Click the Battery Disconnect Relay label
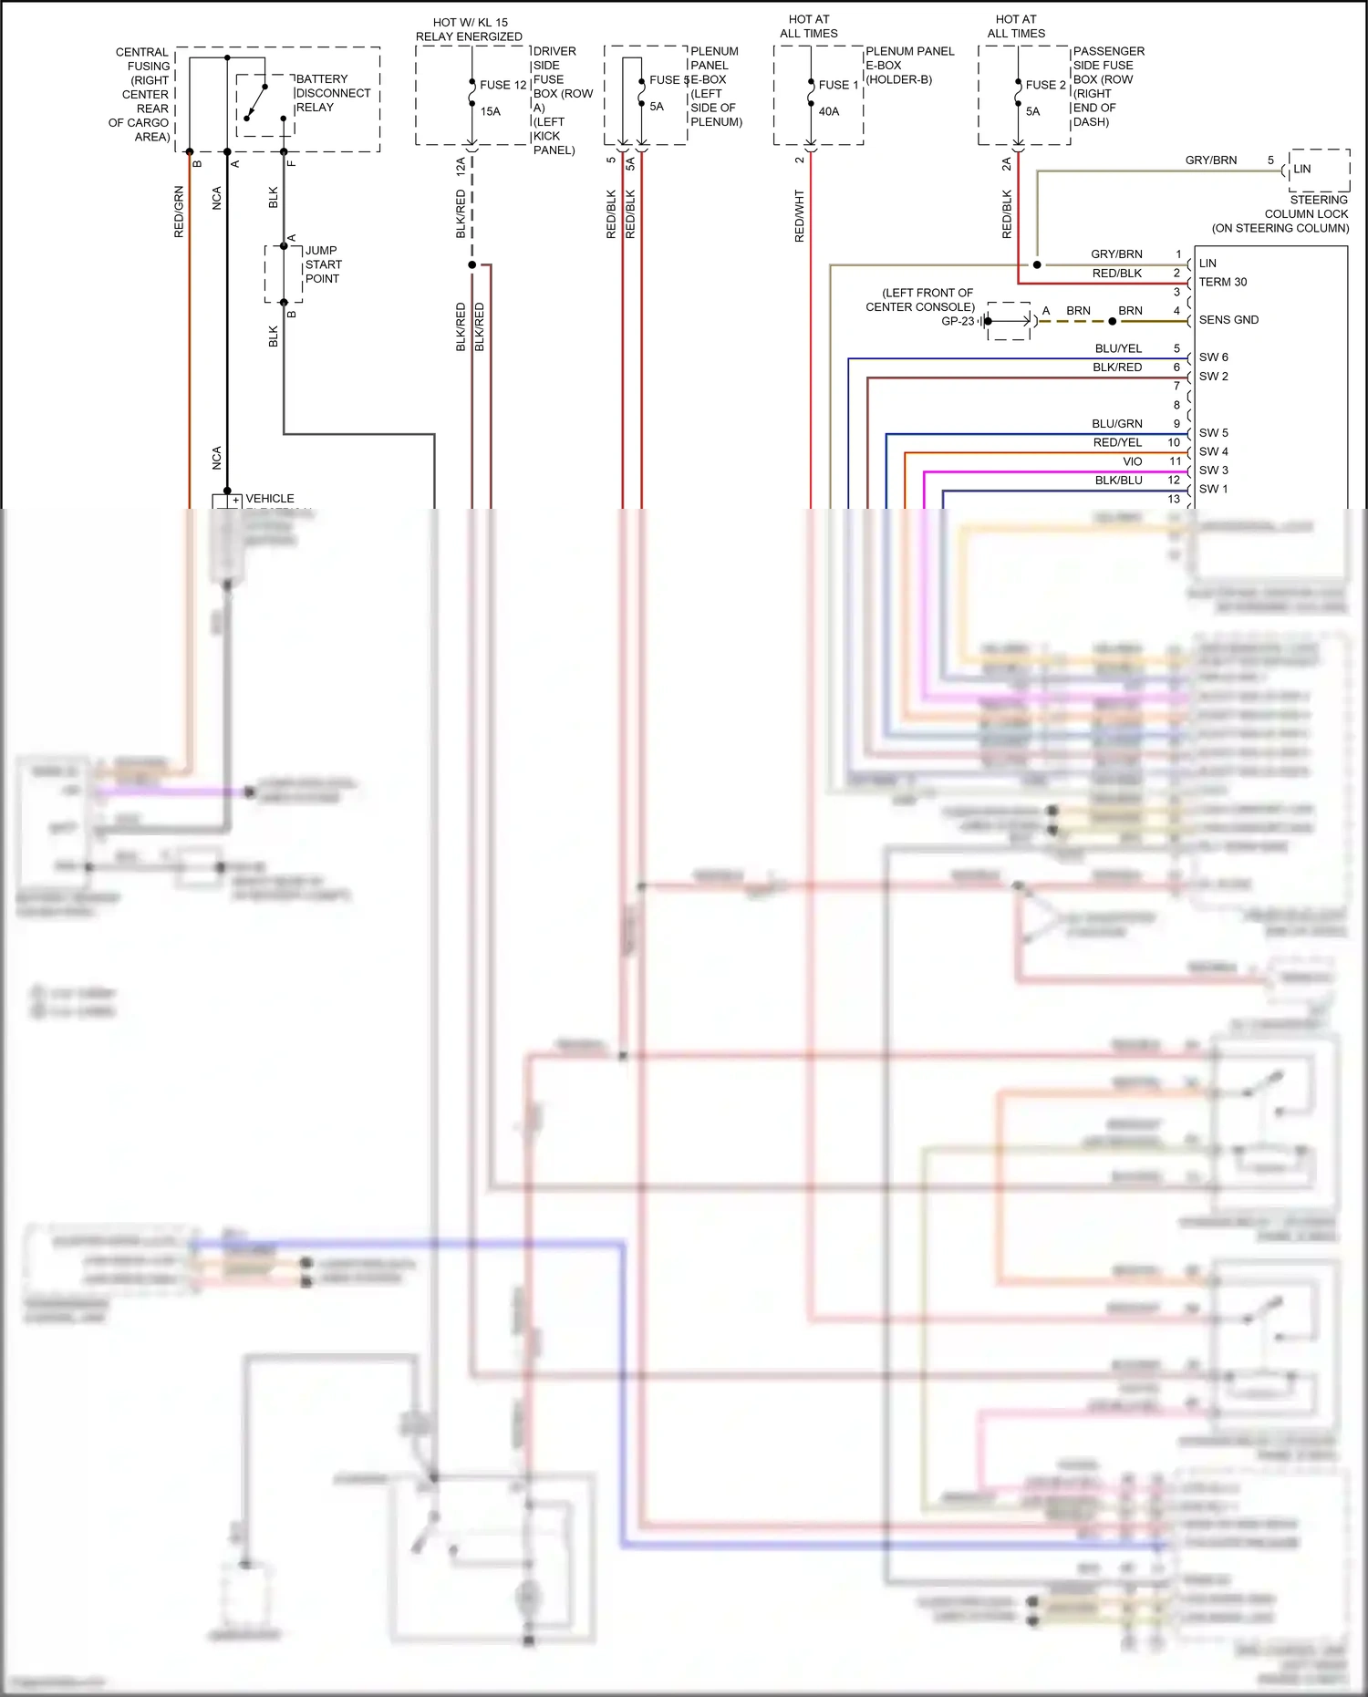coord(333,93)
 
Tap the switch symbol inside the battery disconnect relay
coord(255,102)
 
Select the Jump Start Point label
coord(323,264)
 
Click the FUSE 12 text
coord(503,85)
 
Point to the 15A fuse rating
coord(491,111)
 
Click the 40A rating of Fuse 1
coord(828,111)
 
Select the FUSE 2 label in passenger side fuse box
coord(1045,85)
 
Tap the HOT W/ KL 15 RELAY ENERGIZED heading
coord(470,29)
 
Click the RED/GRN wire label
coord(179,212)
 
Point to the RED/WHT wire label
coord(800,215)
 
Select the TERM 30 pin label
coord(1222,282)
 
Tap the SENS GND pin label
coord(1228,320)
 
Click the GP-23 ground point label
coord(957,321)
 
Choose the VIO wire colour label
coord(1132,461)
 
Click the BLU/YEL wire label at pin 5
coord(1118,348)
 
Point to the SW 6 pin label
coord(1213,357)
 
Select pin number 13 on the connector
coord(1174,499)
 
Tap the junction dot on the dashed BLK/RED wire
coord(472,265)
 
